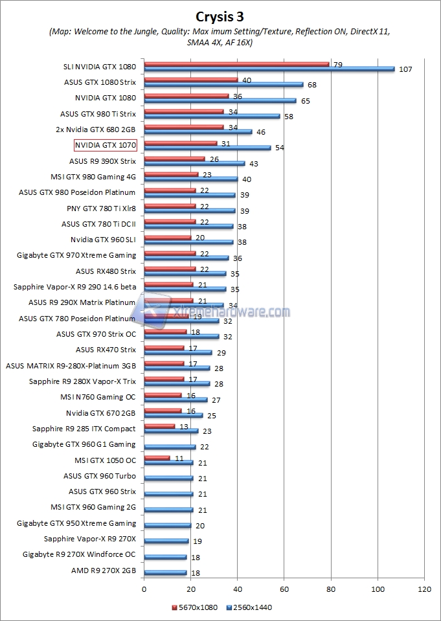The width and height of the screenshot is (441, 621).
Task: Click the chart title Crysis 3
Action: coord(220,15)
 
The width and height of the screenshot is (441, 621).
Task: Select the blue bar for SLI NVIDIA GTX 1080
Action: coord(269,69)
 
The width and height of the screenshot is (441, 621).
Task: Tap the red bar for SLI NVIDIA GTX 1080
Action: coord(236,64)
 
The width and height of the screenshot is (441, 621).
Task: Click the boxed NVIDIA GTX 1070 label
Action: coord(106,145)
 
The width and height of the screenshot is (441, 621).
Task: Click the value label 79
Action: coord(337,64)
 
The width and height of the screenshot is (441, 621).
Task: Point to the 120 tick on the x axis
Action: coord(424,589)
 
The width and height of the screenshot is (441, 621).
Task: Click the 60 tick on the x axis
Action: coord(284,589)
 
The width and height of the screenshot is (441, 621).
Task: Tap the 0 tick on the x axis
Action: coord(144,589)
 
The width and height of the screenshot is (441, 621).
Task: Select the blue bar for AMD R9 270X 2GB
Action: coord(165,573)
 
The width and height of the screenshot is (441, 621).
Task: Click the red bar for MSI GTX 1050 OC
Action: coord(157,457)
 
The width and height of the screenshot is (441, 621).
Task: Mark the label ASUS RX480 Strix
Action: coord(106,271)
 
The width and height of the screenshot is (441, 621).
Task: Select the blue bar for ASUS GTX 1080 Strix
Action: coord(223,84)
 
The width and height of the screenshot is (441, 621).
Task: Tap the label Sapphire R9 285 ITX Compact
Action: coord(84,429)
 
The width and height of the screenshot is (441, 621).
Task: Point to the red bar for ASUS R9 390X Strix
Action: coord(174,158)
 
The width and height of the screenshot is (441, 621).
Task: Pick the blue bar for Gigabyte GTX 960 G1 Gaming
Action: coord(170,447)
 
